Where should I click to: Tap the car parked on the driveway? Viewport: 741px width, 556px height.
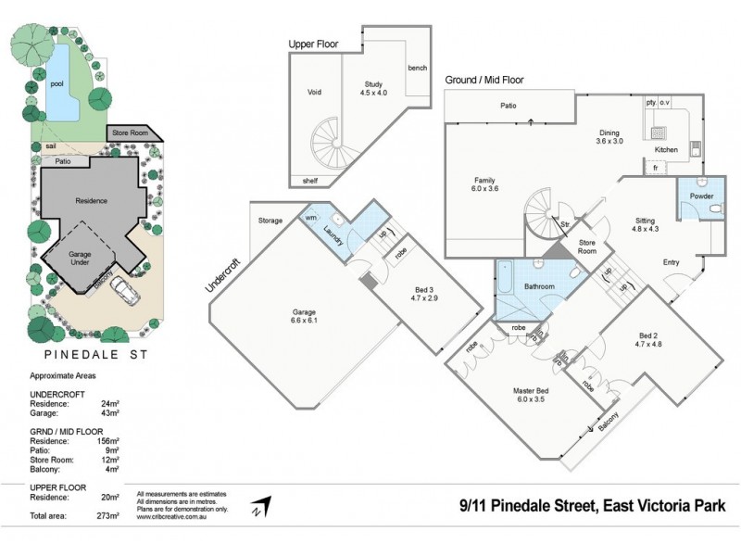coord(125,293)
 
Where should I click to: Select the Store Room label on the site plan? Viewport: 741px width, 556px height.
coord(131,133)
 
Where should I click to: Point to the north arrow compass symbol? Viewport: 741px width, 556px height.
coord(262,506)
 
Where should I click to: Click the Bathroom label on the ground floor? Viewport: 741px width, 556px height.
coord(539,286)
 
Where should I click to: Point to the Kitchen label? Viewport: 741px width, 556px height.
coord(666,149)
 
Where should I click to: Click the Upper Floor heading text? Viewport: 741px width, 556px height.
coord(313,44)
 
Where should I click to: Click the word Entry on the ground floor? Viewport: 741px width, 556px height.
coord(671,262)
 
